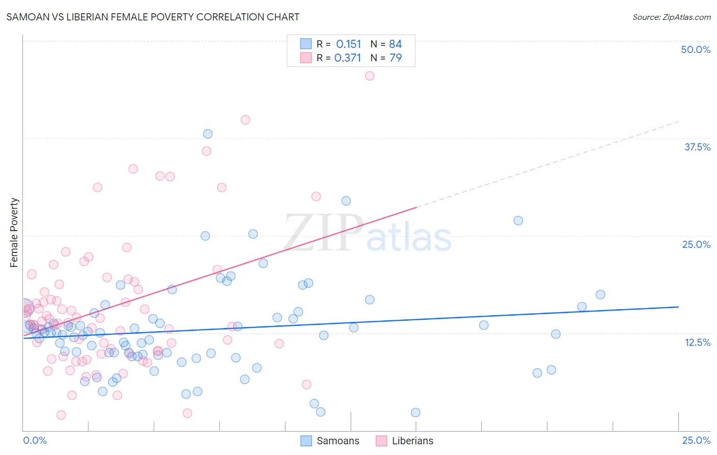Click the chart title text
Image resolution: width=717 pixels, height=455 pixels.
[x=152, y=17]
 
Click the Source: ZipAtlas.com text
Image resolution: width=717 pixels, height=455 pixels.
[x=671, y=17]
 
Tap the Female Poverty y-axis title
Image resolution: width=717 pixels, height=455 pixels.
[x=14, y=233]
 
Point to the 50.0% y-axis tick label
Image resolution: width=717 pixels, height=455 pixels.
[x=696, y=49]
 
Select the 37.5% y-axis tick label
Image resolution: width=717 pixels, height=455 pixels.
[x=697, y=147]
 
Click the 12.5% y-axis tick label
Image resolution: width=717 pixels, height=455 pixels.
[x=697, y=342]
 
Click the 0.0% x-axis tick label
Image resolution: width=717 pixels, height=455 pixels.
[x=35, y=440]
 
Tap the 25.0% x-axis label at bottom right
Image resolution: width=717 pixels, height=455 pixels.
[x=696, y=440]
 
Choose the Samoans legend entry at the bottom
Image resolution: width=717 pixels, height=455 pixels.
[x=330, y=441]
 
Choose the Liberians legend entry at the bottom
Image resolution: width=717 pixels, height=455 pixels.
[x=404, y=441]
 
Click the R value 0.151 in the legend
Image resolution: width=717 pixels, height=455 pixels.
[x=348, y=44]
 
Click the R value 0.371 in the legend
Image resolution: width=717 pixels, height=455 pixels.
[x=348, y=58]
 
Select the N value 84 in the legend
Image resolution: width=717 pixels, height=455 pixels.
[x=395, y=44]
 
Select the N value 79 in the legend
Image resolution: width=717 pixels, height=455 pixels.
[x=395, y=58]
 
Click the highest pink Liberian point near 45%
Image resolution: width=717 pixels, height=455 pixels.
[x=370, y=76]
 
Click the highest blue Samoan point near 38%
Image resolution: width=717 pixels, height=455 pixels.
[x=208, y=134]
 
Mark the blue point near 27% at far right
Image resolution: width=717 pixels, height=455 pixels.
[x=518, y=221]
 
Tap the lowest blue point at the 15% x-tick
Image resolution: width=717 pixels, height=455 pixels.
[x=416, y=413]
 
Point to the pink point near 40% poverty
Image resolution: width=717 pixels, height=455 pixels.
[x=245, y=120]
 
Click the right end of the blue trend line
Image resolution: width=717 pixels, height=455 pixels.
[x=678, y=307]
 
